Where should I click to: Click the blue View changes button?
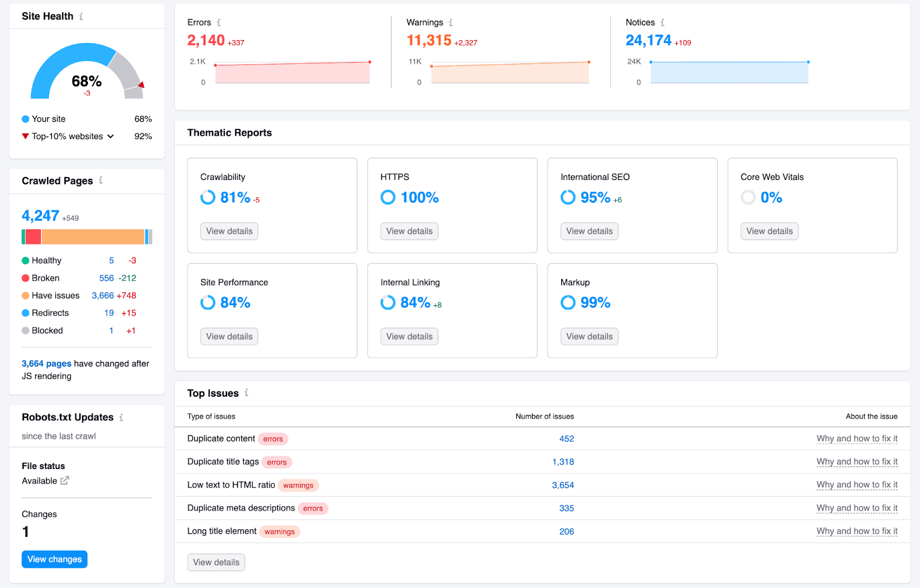(54, 559)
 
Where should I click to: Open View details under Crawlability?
(229, 231)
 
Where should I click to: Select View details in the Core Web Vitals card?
(769, 231)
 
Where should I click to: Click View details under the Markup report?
(589, 336)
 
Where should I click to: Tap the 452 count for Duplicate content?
(566, 439)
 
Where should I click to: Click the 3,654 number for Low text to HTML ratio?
(563, 485)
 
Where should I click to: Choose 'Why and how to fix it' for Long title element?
(857, 531)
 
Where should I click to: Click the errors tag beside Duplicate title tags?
(277, 462)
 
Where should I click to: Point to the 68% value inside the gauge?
(87, 81)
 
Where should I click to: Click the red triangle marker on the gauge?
(141, 84)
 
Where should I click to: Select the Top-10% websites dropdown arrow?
(110, 136)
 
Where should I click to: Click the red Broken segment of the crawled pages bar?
(33, 237)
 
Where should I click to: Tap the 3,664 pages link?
(47, 363)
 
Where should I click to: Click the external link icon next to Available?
(65, 481)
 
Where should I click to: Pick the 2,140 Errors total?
(206, 40)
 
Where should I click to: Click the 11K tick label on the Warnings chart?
(415, 62)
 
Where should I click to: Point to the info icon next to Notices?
(662, 22)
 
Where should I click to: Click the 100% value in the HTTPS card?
(419, 198)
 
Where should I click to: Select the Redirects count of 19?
(109, 313)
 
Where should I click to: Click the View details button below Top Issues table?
(216, 562)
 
